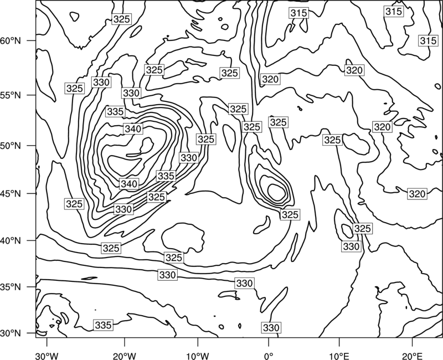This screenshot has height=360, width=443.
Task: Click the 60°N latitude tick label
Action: pos(11,41)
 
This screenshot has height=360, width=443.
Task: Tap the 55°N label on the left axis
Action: pos(11,95)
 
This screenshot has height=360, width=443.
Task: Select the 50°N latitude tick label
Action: pos(11,146)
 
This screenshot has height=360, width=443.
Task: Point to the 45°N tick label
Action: pos(11,193)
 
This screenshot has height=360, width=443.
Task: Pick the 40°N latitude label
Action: pos(11,241)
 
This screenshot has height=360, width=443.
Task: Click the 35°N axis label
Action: pos(11,287)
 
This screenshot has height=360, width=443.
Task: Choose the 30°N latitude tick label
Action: pos(11,333)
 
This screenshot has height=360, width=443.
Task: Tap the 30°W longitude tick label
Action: pos(47,356)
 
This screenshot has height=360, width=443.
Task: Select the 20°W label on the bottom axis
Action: pos(124,356)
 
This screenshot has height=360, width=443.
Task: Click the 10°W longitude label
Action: pos(197,356)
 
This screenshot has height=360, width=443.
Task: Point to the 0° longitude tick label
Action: pos(269,356)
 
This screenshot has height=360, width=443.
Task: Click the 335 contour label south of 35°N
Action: pos(104,325)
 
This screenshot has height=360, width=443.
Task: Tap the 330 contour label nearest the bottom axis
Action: pos(271,327)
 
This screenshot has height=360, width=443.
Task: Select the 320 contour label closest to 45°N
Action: pos(418,194)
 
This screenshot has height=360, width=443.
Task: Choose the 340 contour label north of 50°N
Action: pos(133,129)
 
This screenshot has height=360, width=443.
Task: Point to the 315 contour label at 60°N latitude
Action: pos(428,40)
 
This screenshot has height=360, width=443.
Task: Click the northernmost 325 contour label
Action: pos(121,19)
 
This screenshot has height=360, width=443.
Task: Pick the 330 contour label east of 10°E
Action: pos(351,246)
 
